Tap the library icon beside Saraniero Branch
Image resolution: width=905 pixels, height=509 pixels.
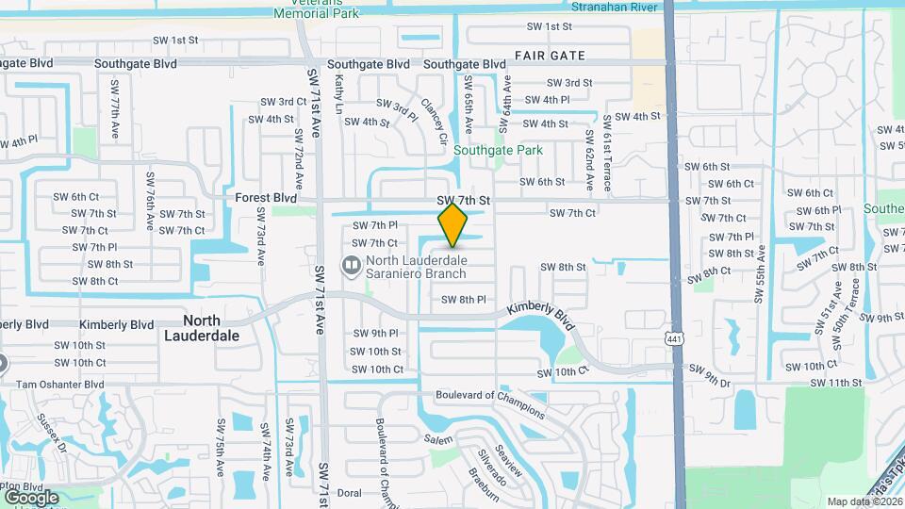tap(351, 267)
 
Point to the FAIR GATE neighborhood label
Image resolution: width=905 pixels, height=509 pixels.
tap(550, 56)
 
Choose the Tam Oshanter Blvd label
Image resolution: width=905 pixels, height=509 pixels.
tap(59, 385)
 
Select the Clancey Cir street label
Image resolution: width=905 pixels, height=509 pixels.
tap(435, 123)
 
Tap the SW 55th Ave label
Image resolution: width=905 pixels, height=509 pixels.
tap(759, 273)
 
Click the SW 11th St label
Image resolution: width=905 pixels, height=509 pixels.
tap(836, 383)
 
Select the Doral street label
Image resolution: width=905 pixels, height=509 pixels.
tap(349, 492)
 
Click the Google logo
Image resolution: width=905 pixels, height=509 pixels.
tap(31, 497)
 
